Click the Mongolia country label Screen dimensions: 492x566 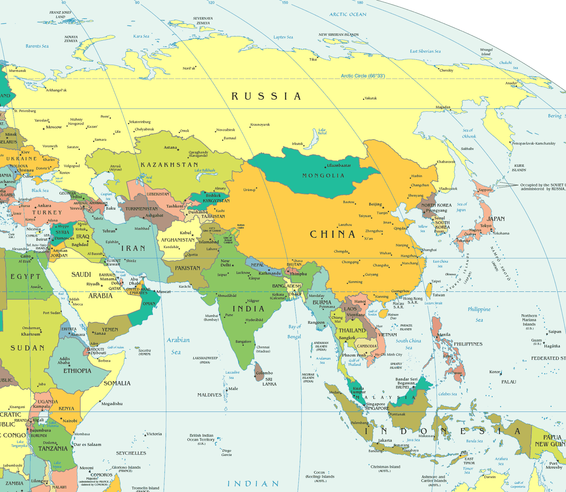pyautogui.click(x=323, y=176)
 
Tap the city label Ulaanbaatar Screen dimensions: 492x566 pyautogui.click(x=339, y=165)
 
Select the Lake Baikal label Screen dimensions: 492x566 pyautogui.click(x=322, y=131)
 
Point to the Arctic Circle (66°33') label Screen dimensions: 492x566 pyautogui.click(x=363, y=76)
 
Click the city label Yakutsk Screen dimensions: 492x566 pyautogui.click(x=371, y=98)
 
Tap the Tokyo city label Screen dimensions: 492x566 pyautogui.click(x=485, y=226)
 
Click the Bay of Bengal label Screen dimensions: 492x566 pyautogui.click(x=294, y=331)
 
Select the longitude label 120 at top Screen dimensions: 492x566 pyautogui.click(x=211, y=3)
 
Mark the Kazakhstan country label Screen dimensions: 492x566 pyautogui.click(x=169, y=165)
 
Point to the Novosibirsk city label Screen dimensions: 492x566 pyautogui.click(x=226, y=130)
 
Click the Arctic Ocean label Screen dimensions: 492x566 pyautogui.click(x=347, y=15)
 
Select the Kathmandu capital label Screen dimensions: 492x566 pyautogui.click(x=270, y=273)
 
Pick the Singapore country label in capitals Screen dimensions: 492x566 pyautogui.click(x=377, y=409)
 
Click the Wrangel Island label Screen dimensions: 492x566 pyautogui.click(x=486, y=52)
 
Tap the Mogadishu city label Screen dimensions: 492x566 pyautogui.click(x=112, y=404)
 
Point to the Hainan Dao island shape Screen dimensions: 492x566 pyautogui.click(x=382, y=314)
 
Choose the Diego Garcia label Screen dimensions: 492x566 pyautogui.click(x=226, y=453)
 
